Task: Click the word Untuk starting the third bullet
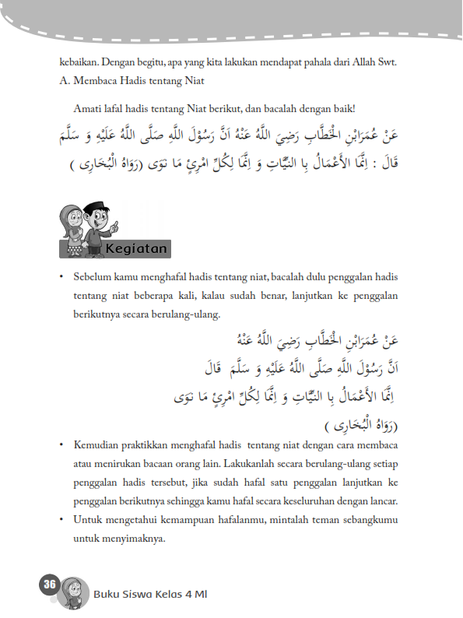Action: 87,520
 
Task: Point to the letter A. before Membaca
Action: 64,79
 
